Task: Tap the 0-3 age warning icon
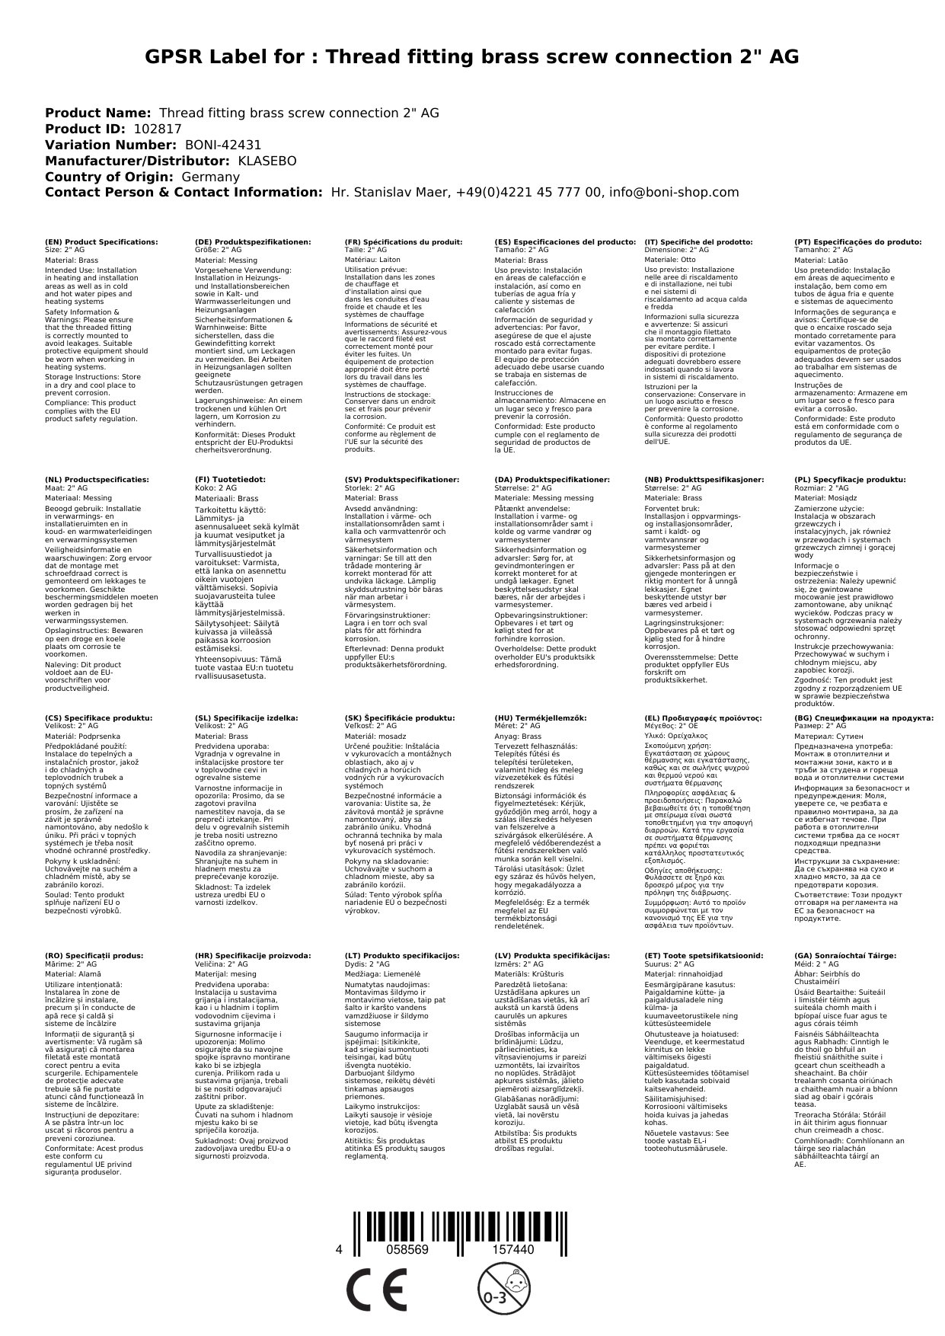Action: pyautogui.click(x=496, y=1289)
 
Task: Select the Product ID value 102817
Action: pyautogui.click(x=158, y=129)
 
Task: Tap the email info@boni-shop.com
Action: pyautogui.click(x=671, y=193)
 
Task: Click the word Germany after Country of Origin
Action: pyautogui.click(x=210, y=177)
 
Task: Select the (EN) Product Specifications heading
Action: pyautogui.click(x=101, y=241)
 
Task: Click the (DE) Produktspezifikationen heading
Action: pyautogui.click(x=253, y=241)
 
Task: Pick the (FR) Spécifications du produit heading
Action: pyautogui.click(x=404, y=241)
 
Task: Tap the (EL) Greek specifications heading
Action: pyautogui.click(x=703, y=718)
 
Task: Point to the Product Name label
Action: pyautogui.click(x=97, y=113)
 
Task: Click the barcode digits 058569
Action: pyautogui.click(x=407, y=1250)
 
